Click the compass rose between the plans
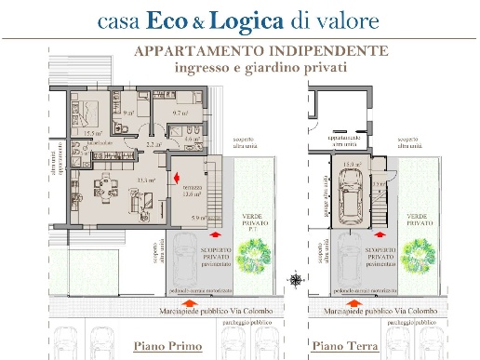coord(295,278)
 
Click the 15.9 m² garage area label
coord(353,165)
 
